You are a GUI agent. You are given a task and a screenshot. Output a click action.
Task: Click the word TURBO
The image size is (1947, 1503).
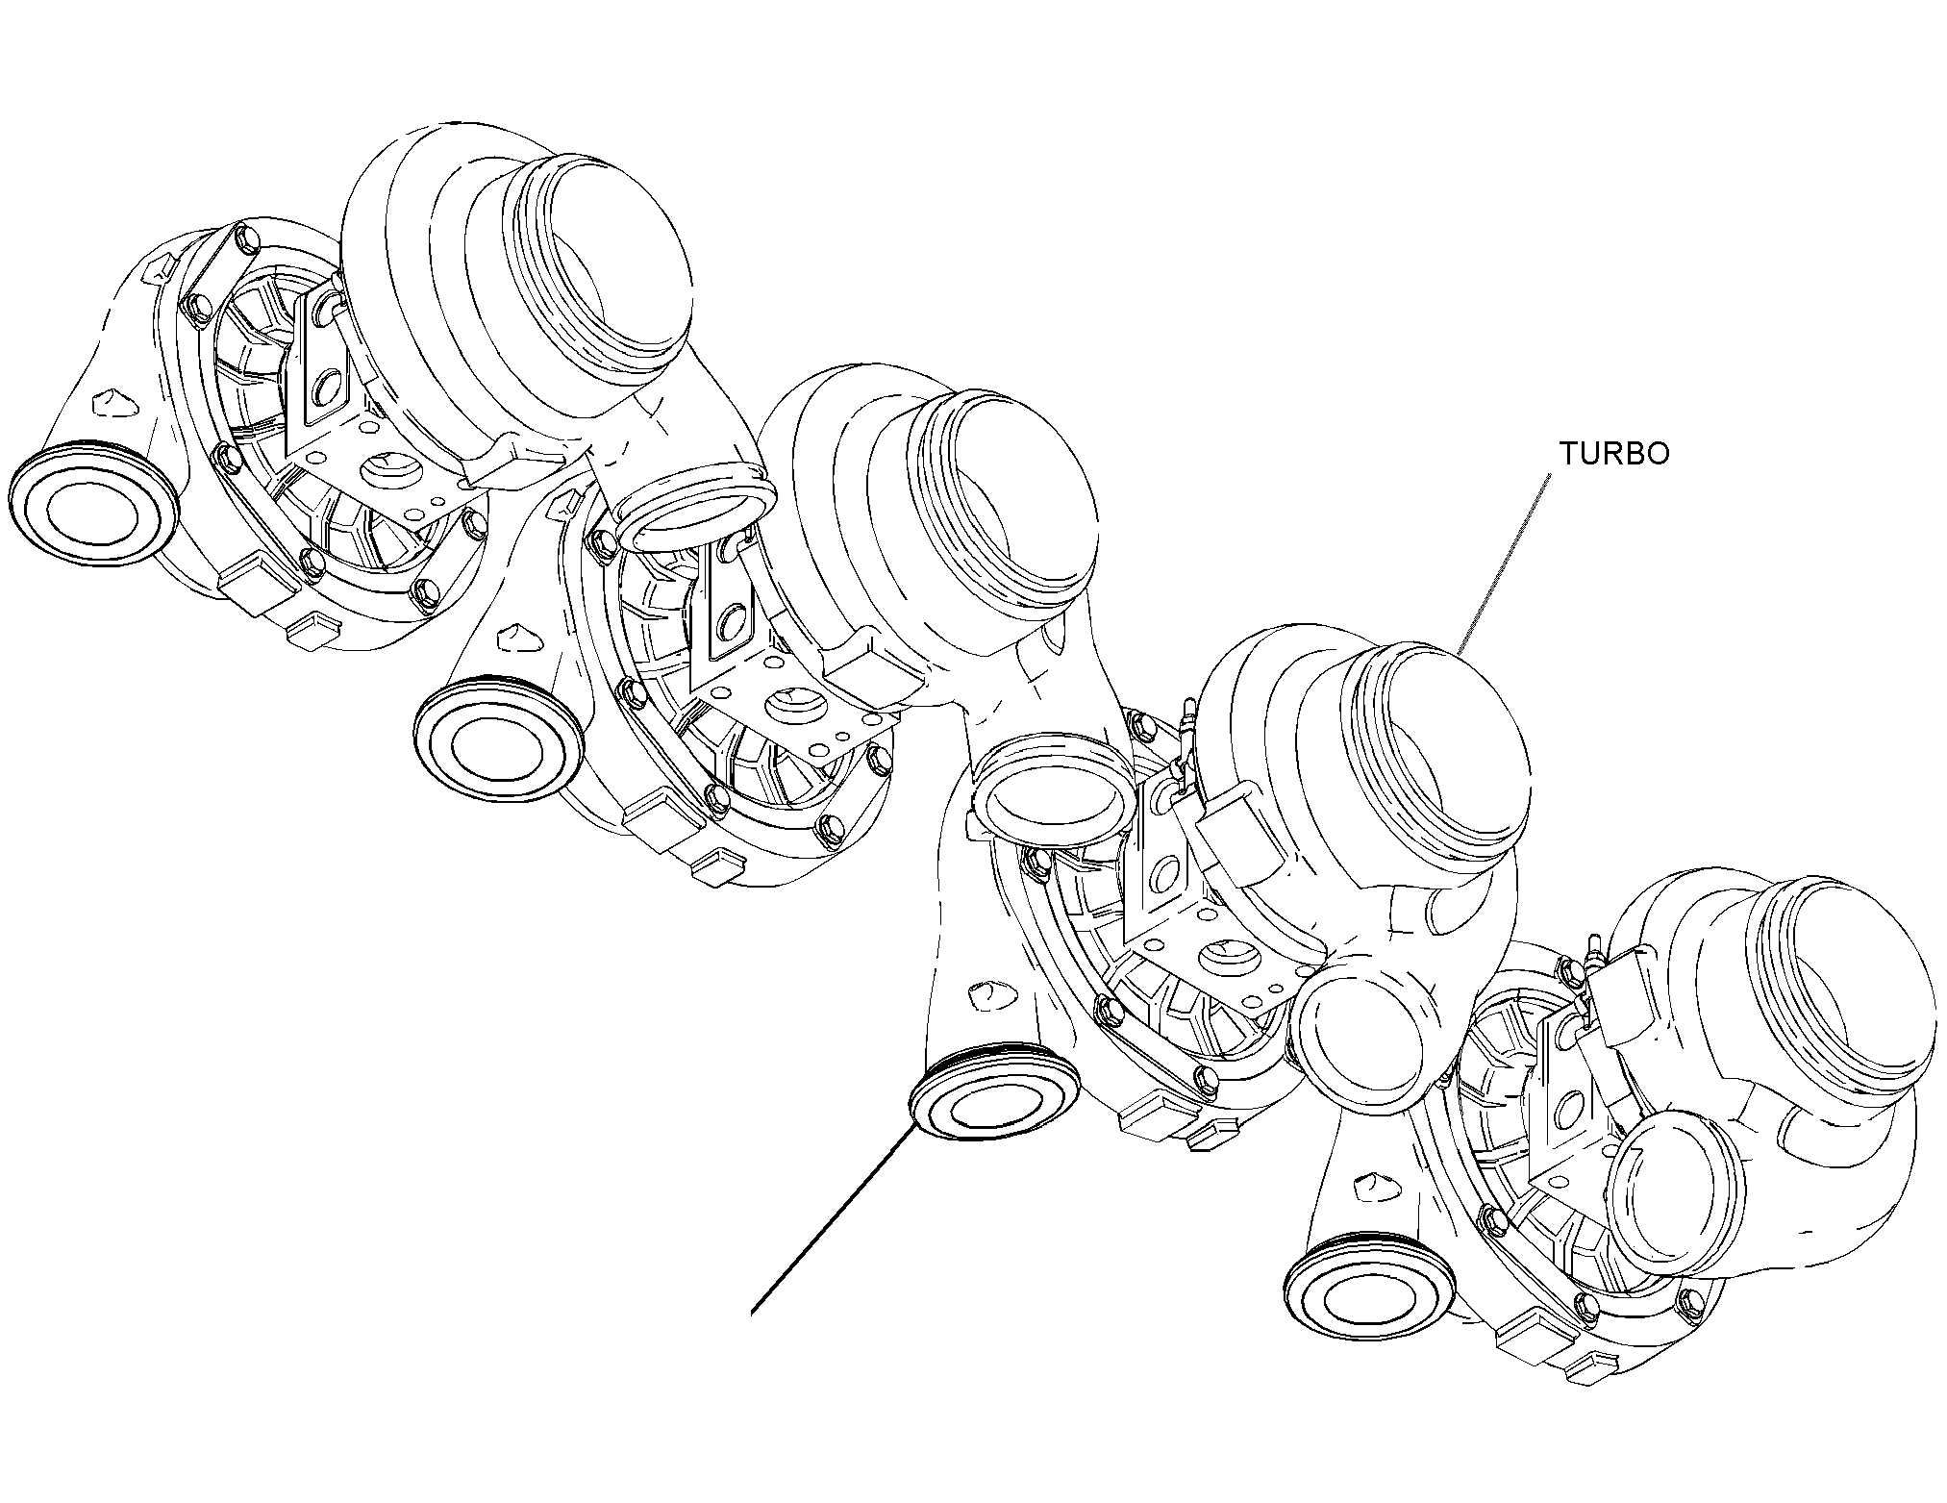point(1614,454)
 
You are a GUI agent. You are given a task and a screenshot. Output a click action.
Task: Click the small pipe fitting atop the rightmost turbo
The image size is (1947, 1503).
point(1593,950)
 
